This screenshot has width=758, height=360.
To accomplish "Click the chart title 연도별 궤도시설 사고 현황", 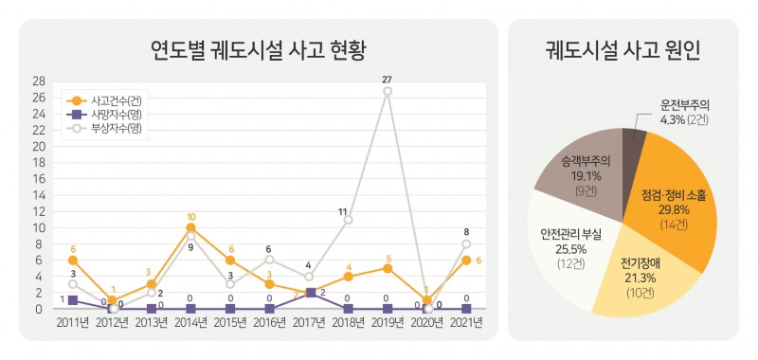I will (258, 49).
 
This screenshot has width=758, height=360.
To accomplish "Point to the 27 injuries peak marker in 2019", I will (388, 91).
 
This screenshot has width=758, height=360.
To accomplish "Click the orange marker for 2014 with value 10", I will (190, 227).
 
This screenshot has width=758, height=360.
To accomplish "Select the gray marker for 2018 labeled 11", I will (348, 220).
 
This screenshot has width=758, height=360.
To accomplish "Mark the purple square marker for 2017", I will (309, 293).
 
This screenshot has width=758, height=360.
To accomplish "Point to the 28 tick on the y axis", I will (39, 81).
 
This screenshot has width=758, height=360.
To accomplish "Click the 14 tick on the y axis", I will (39, 195).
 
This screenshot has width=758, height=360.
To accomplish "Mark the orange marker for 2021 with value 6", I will (466, 261).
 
